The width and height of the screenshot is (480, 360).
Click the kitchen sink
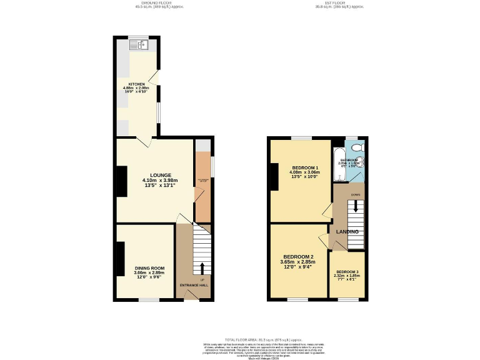(x=139, y=44)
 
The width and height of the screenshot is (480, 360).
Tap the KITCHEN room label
(x=136, y=84)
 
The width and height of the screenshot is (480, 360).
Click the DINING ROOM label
(x=149, y=268)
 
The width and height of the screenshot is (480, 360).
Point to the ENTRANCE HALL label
(x=194, y=285)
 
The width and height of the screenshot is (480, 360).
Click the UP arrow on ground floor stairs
(x=202, y=269)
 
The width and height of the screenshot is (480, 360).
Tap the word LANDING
(x=347, y=232)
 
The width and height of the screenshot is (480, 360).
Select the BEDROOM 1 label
(x=305, y=167)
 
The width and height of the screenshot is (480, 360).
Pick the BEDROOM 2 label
(x=298, y=257)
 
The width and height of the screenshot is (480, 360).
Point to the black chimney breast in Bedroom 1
(x=274, y=176)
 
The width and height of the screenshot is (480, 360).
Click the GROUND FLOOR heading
(x=144, y=2)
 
